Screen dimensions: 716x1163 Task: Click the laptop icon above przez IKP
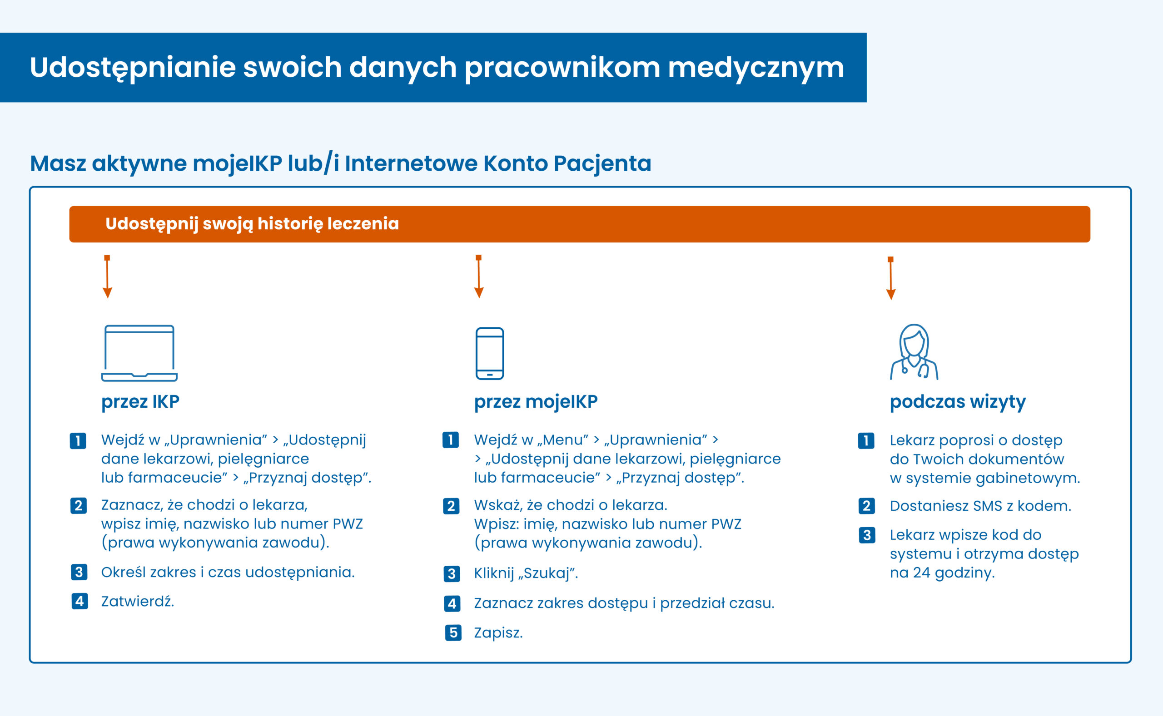click(139, 353)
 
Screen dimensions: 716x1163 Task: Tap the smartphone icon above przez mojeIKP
click(489, 353)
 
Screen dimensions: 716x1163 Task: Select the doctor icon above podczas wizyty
click(914, 352)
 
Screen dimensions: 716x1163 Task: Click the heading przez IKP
click(140, 401)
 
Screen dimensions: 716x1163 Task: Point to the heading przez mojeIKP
click(536, 401)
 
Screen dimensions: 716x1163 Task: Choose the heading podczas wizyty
click(957, 401)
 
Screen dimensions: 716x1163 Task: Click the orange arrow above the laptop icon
click(108, 277)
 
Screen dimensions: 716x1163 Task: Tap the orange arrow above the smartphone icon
click(479, 277)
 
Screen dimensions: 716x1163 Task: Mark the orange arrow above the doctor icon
click(890, 278)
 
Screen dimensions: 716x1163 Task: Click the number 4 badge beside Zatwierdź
click(80, 602)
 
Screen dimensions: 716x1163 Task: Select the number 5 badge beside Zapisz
click(453, 632)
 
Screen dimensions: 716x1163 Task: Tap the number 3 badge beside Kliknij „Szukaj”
click(452, 574)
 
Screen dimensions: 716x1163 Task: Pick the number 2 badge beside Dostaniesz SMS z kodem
click(866, 506)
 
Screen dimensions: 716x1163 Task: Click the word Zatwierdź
click(137, 602)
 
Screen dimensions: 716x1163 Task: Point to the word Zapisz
click(498, 632)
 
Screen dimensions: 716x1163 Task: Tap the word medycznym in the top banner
click(755, 67)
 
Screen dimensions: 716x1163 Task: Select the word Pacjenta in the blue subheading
click(602, 163)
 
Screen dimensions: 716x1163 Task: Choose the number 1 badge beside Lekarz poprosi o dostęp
click(866, 441)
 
